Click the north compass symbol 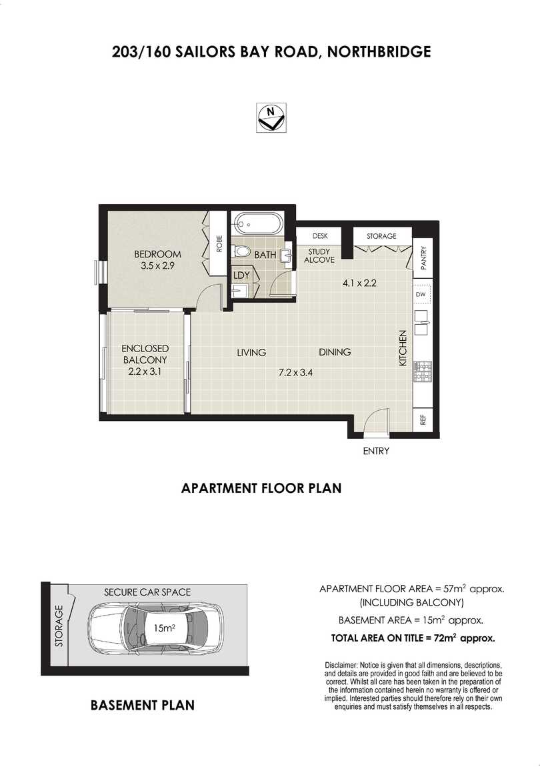(271, 118)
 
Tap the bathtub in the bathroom (257, 224)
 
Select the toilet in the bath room (242, 251)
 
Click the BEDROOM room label (157, 254)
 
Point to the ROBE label (219, 243)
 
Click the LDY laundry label (241, 275)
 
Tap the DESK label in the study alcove (320, 236)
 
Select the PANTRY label (423, 257)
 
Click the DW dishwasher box (421, 295)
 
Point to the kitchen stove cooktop (422, 371)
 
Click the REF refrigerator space (423, 420)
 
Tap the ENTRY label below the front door (376, 451)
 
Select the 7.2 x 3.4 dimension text (295, 372)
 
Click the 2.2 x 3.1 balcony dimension (145, 371)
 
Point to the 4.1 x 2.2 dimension (359, 283)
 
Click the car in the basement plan (155, 628)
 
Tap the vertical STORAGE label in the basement (59, 626)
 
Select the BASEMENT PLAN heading (143, 706)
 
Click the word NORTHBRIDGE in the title (379, 51)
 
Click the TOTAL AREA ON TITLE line (413, 638)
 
